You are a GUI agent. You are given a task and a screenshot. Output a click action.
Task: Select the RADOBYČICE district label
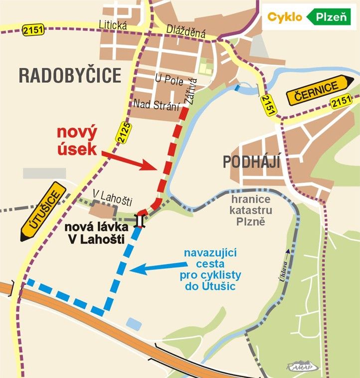[70, 76]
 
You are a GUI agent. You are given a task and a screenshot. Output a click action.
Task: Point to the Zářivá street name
[191, 91]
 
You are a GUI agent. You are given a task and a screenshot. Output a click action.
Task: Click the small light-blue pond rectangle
[134, 323]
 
